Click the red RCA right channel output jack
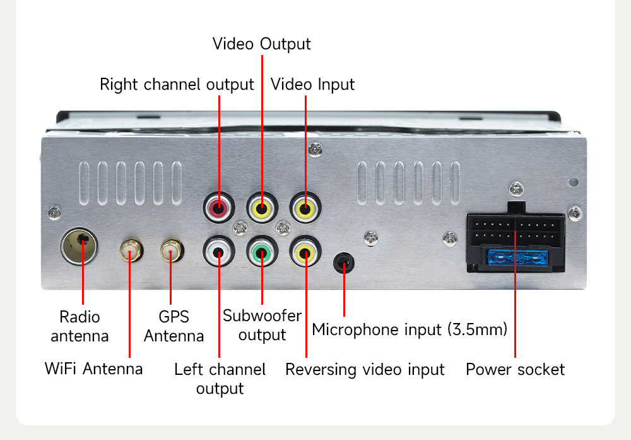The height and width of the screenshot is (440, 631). click(x=219, y=207)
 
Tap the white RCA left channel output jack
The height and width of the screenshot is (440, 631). click(x=219, y=252)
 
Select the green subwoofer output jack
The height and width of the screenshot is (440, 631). click(x=262, y=252)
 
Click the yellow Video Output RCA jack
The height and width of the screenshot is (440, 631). click(x=262, y=207)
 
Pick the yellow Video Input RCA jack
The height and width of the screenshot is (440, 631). click(x=305, y=207)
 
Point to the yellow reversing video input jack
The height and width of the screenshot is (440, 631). click(x=305, y=252)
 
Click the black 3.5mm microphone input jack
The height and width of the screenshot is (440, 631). click(x=344, y=261)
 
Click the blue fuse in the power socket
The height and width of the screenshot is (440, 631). click(x=515, y=259)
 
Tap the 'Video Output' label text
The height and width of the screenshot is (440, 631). click(x=261, y=44)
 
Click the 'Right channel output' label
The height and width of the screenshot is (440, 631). click(x=177, y=85)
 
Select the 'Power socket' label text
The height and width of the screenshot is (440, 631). click(x=515, y=370)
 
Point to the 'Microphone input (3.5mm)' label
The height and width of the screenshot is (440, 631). click(x=410, y=330)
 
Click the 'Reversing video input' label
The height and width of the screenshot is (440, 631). click(x=365, y=370)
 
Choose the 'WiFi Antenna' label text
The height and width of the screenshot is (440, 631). click(x=93, y=369)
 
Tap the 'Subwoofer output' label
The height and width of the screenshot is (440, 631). click(x=262, y=325)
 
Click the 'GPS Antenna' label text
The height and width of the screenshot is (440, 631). click(x=174, y=326)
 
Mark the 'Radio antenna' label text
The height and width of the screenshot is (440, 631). click(x=80, y=326)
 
